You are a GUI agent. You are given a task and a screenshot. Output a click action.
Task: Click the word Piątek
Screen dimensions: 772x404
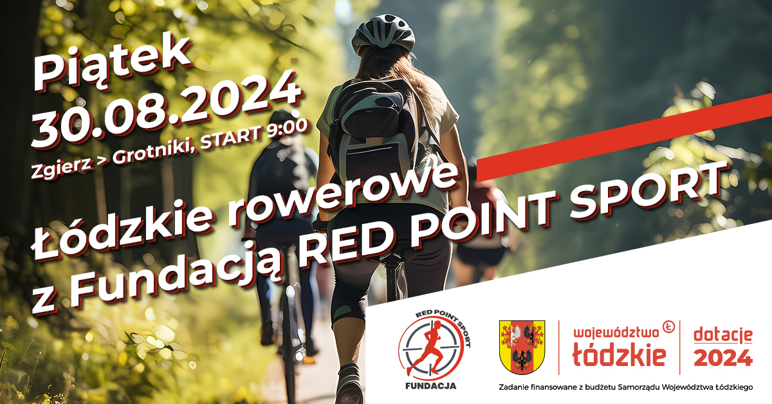click(x=111, y=64)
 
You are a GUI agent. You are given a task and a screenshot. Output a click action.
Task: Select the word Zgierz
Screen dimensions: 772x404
click(x=62, y=167)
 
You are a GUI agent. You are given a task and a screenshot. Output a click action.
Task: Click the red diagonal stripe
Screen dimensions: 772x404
click(x=624, y=137)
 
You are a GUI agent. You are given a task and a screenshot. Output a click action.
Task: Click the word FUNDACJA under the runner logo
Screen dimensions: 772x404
click(x=431, y=386)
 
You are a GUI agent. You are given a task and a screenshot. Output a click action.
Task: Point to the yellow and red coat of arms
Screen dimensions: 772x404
click(x=522, y=347)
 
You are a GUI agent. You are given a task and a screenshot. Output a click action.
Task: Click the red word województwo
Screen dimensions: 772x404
click(x=616, y=333)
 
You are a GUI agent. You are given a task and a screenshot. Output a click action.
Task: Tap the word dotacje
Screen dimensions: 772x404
click(x=723, y=335)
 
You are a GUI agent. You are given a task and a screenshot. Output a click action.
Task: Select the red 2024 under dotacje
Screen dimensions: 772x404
click(x=723, y=358)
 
